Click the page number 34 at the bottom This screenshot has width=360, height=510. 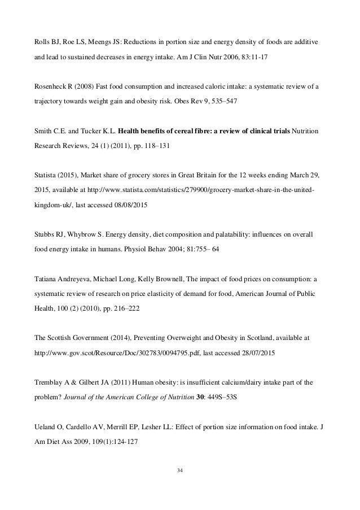click(x=180, y=480)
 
